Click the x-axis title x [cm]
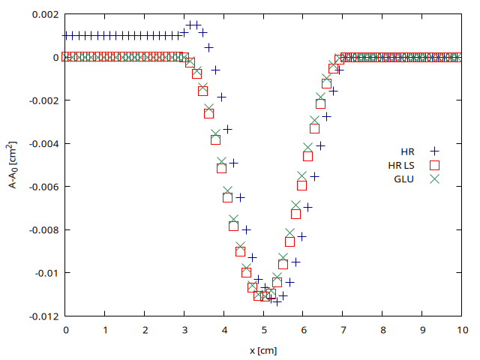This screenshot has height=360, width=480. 264,350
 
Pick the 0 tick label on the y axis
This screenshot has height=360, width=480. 55,57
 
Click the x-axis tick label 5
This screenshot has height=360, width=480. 264,329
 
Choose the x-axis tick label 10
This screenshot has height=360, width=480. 462,329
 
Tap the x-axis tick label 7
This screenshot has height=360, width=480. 343,329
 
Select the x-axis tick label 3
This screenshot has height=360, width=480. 184,329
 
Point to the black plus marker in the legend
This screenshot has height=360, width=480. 433,151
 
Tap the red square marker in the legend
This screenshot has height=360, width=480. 433,165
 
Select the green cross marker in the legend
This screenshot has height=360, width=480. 433,178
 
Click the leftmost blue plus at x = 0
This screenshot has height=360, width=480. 66,35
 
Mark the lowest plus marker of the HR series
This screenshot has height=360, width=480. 277,301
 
